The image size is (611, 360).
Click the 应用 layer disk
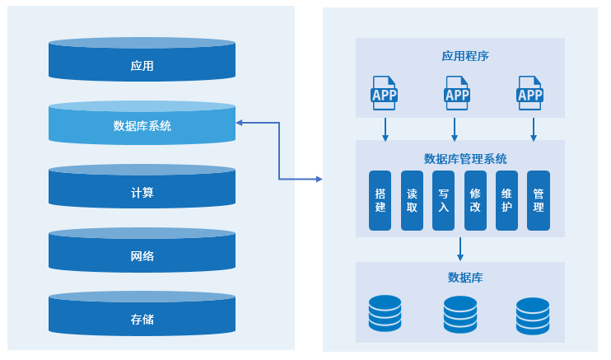pos(142,61)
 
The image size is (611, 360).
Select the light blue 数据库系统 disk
pos(142,124)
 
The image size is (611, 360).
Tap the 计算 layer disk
pos(142,189)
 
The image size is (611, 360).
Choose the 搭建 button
pos(380,200)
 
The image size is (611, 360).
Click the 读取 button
pos(412,200)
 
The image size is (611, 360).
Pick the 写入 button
pos(443,200)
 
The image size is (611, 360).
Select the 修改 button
pos(475,200)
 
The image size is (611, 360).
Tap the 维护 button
pos(506,200)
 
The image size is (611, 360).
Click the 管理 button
pos(538,200)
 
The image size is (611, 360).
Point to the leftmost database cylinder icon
pos(385,313)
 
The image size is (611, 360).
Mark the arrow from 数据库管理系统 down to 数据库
pos(459,249)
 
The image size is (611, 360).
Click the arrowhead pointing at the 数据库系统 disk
pos(240,124)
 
